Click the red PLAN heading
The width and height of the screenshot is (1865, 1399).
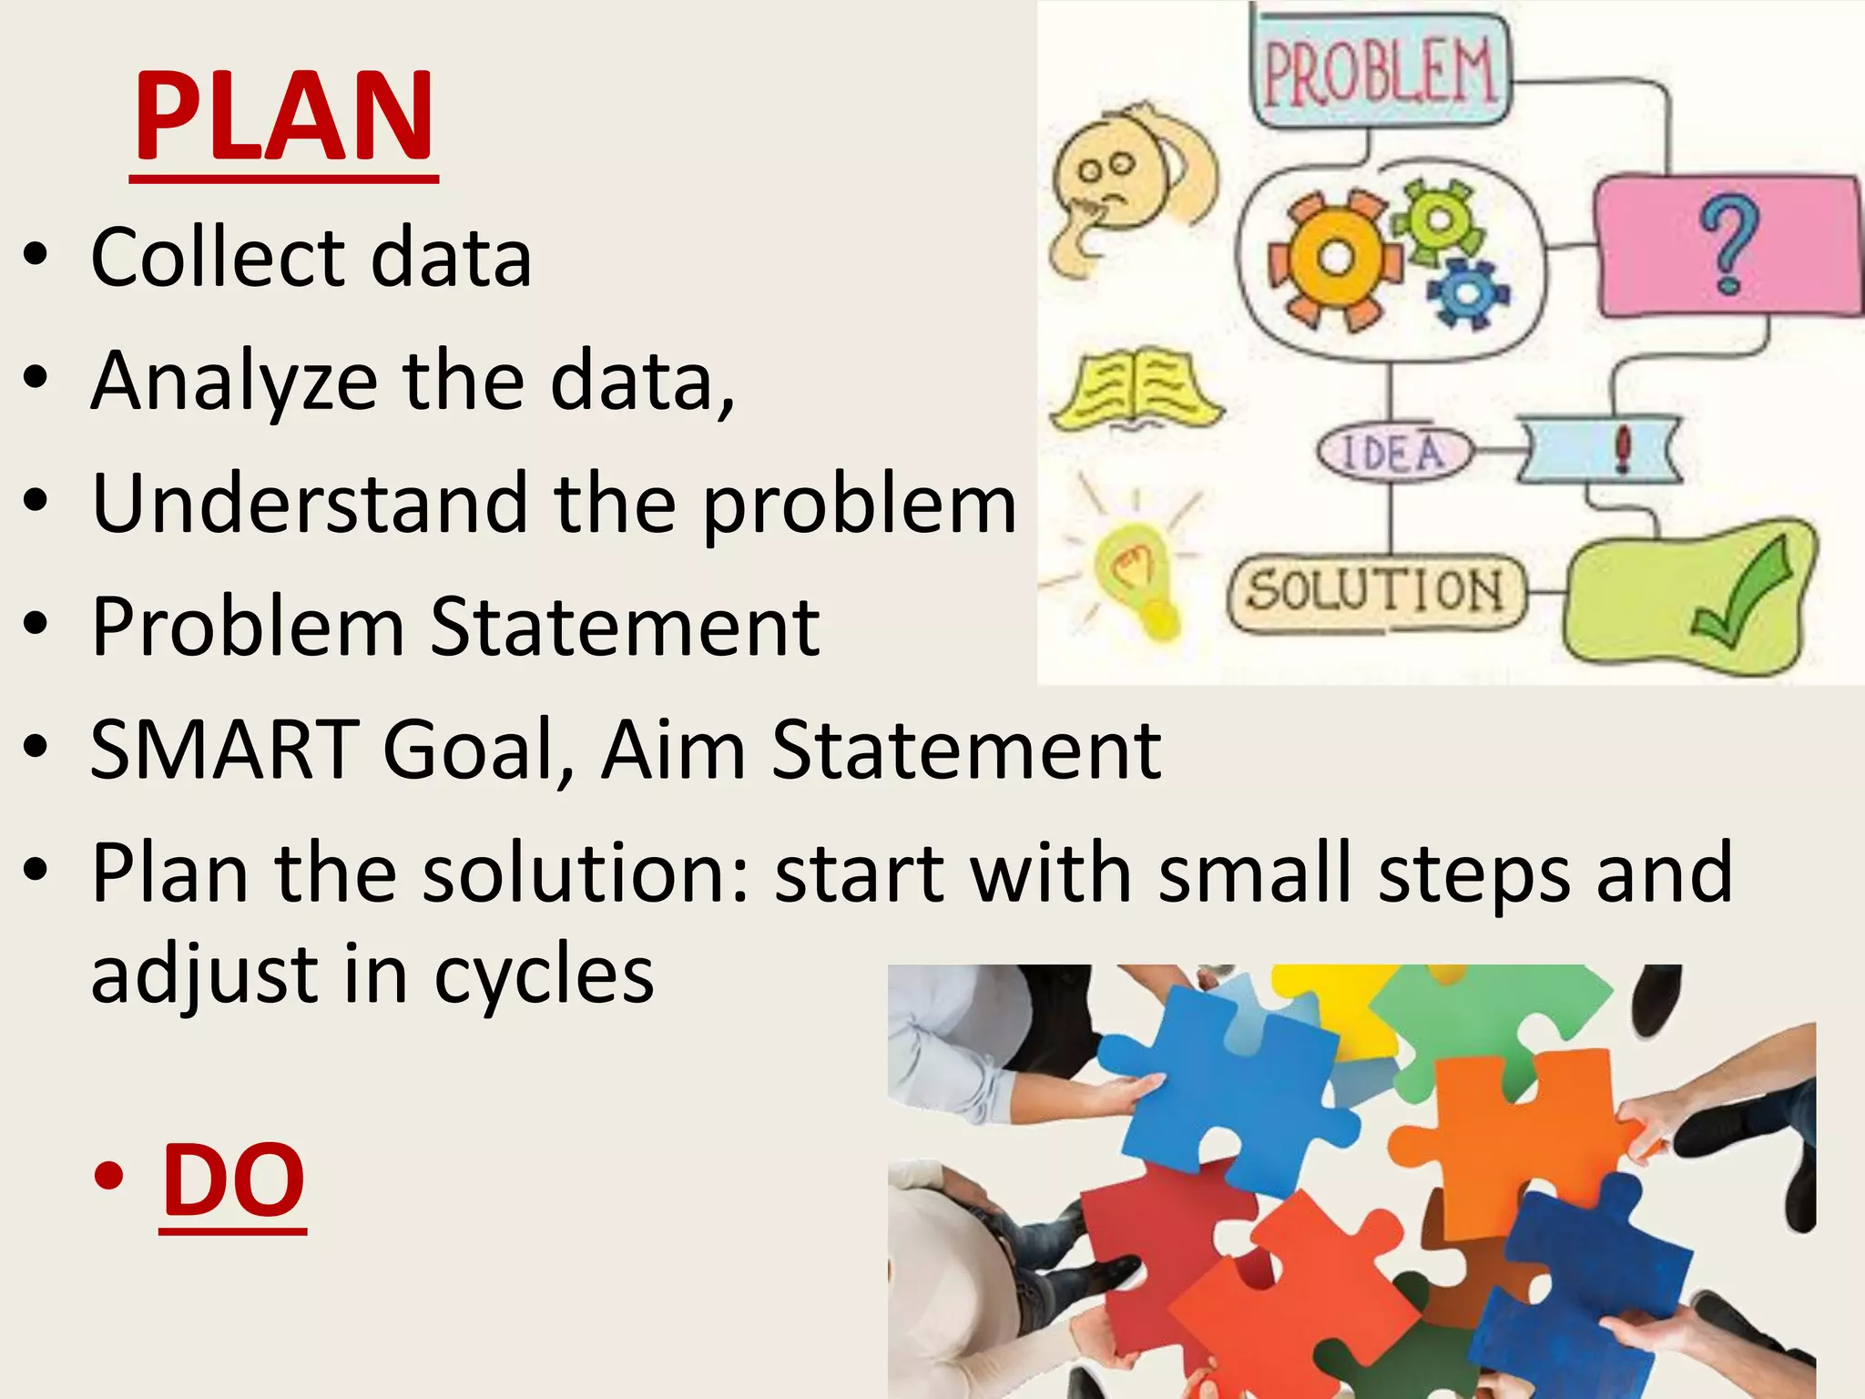(x=284, y=118)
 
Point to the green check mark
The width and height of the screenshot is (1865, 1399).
(x=1741, y=592)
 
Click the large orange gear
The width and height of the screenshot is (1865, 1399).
(x=1335, y=259)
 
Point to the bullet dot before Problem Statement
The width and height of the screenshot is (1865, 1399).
(x=36, y=626)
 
